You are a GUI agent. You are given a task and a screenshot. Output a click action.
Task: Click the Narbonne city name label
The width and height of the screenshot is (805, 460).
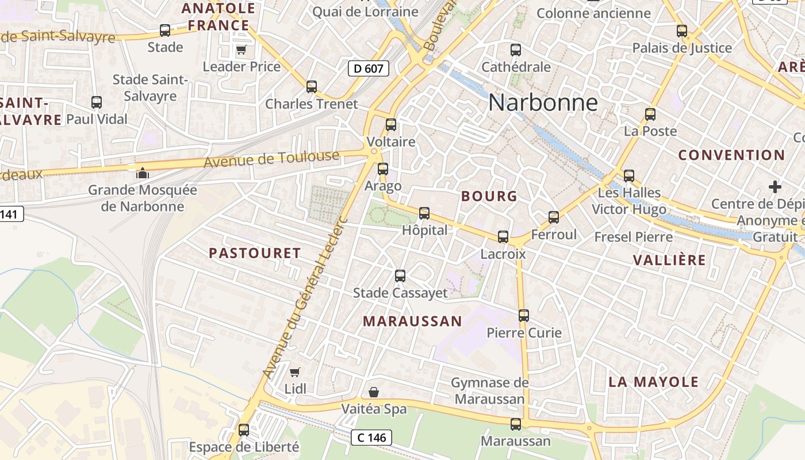(x=543, y=103)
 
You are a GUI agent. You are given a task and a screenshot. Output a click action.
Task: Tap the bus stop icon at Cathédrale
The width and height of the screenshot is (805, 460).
(x=516, y=50)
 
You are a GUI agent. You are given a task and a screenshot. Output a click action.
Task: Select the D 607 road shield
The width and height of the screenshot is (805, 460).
(x=369, y=69)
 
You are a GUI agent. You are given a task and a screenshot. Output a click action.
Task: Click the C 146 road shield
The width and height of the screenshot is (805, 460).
(x=371, y=438)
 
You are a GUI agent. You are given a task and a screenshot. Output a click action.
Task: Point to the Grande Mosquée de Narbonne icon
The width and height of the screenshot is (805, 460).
(x=142, y=172)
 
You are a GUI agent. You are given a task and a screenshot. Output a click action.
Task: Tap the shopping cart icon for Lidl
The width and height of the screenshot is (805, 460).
(x=295, y=372)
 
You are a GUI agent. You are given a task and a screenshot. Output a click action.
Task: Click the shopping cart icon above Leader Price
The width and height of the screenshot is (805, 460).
(x=241, y=50)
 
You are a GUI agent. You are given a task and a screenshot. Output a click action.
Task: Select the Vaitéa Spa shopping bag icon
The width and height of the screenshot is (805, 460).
(x=374, y=392)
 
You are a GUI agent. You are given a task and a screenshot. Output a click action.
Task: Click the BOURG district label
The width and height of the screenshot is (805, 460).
(x=489, y=196)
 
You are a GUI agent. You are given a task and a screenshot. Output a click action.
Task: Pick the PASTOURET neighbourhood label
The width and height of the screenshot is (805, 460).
(x=255, y=253)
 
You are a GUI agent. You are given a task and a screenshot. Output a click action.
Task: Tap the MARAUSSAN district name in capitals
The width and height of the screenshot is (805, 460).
(x=412, y=321)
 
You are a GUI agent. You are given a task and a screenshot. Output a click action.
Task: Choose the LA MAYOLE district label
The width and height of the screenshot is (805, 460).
(x=654, y=382)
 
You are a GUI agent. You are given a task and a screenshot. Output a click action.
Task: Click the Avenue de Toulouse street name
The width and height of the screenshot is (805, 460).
(x=271, y=159)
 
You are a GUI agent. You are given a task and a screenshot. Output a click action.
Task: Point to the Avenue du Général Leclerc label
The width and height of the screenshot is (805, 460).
(x=305, y=297)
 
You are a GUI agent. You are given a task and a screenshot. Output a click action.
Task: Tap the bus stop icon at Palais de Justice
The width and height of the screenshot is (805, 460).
(x=682, y=31)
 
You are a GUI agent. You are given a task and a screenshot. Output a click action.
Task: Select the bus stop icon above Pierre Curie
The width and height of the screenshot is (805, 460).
(x=524, y=316)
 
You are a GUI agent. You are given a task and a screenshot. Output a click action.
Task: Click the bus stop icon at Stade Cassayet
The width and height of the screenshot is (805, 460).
(x=400, y=276)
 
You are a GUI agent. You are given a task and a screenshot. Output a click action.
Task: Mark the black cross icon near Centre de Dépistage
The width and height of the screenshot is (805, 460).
(x=775, y=187)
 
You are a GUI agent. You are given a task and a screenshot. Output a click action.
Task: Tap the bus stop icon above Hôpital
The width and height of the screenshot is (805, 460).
(x=424, y=213)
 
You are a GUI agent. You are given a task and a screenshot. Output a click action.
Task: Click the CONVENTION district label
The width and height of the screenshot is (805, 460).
(x=731, y=155)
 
